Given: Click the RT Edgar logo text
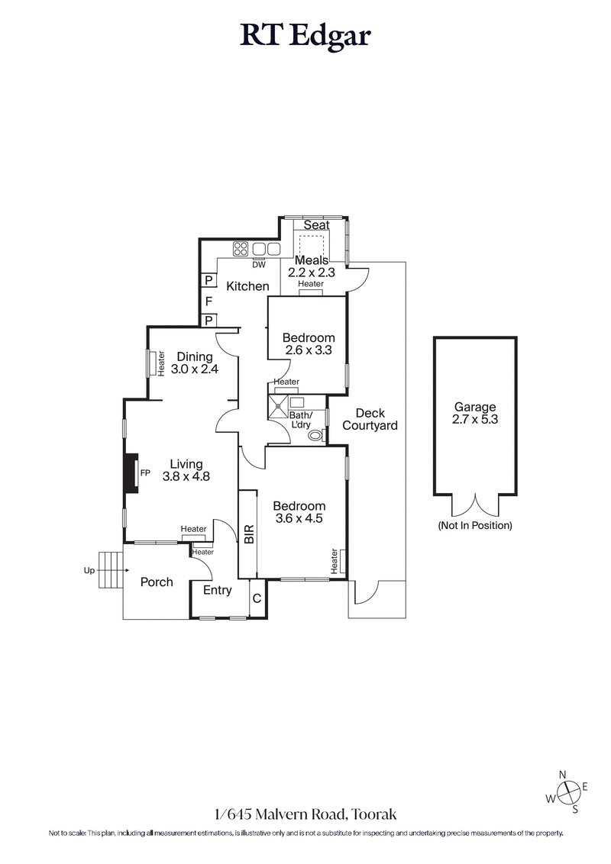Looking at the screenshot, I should tap(305, 35).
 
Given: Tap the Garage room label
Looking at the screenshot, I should tap(474, 408).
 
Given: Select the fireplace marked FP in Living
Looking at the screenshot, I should tap(131, 473).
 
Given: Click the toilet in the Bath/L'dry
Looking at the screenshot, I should tap(315, 435).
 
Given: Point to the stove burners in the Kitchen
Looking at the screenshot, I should tap(240, 248).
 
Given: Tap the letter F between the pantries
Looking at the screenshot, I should tap(208, 301).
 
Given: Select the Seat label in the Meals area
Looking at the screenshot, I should tap(316, 225).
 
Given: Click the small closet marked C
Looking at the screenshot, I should tap(257, 598).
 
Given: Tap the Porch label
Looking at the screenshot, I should tap(157, 582).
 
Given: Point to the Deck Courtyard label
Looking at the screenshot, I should tap(370, 419).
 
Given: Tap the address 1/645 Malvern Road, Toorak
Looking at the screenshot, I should tap(305, 815).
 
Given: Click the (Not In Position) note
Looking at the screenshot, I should tap(474, 526).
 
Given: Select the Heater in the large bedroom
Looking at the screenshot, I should tap(334, 561).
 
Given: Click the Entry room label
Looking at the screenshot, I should tap(218, 590).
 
